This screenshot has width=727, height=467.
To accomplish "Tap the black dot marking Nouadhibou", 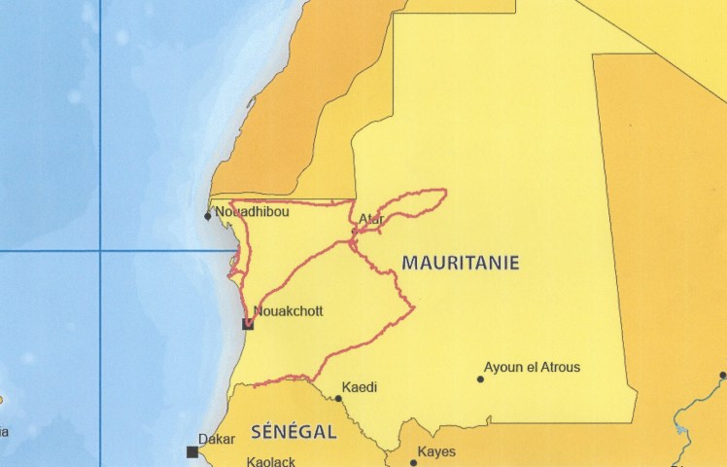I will click(x=208, y=216).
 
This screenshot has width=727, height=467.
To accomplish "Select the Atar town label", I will click(x=370, y=220).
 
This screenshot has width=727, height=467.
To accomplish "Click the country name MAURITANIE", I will click(x=460, y=263).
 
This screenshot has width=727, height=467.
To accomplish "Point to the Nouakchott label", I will click(x=287, y=311).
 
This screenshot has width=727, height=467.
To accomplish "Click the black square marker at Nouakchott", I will click(x=248, y=324).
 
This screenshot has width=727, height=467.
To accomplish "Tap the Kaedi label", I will click(x=359, y=387).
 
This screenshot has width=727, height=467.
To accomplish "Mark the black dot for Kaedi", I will click(x=338, y=398).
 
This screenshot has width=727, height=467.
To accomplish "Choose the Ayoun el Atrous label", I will click(x=532, y=367).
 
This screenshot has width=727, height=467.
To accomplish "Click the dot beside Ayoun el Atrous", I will click(x=480, y=378).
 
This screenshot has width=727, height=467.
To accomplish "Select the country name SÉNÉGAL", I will click(x=294, y=431).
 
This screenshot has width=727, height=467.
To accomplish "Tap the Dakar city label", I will click(x=216, y=439).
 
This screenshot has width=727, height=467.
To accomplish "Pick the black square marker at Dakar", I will click(x=192, y=451).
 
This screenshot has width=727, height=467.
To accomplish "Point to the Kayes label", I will click(x=436, y=451).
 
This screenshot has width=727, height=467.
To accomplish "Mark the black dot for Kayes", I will click(x=413, y=462).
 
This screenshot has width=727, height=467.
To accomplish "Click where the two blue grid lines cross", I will click(x=101, y=251).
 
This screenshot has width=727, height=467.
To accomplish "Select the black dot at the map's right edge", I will click(x=723, y=375).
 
